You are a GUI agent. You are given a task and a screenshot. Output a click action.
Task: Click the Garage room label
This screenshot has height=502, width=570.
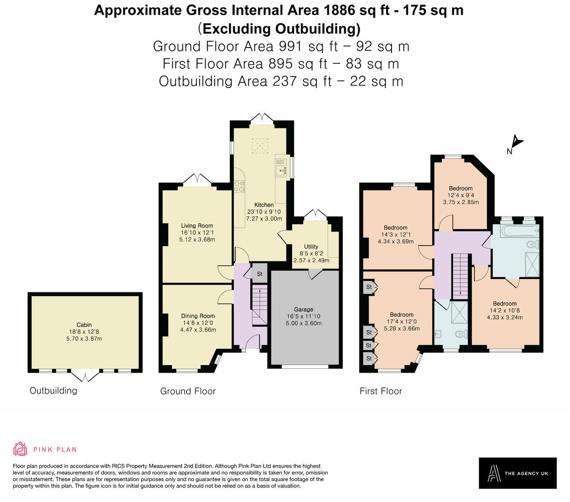(303, 309)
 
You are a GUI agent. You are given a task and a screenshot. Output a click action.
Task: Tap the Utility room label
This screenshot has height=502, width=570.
(311, 246)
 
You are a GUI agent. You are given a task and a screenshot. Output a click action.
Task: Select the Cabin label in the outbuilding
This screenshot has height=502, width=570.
(84, 325)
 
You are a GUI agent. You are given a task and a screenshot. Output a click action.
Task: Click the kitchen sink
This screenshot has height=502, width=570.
(281, 170)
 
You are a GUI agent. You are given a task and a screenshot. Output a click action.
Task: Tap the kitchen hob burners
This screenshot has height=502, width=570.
(239, 186)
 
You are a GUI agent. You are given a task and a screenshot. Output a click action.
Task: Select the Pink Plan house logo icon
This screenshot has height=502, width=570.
(20, 449)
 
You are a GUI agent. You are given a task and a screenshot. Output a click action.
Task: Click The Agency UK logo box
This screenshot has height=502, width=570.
(518, 473)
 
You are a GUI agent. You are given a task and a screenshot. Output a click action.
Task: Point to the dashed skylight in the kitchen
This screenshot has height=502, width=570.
(260, 146)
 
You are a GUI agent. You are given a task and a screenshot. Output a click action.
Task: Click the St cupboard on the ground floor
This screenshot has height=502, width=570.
(259, 273)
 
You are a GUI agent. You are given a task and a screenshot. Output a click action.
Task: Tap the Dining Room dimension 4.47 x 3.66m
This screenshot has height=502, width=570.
(198, 330)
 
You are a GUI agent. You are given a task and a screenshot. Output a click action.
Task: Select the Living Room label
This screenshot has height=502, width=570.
(197, 225)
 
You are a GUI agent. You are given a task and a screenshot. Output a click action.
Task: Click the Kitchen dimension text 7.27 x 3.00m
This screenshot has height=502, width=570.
(264, 219)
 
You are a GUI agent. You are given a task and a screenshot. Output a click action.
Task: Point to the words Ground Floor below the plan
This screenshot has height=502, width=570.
(188, 391)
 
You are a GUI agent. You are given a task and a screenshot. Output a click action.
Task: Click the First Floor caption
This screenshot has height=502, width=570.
(381, 391)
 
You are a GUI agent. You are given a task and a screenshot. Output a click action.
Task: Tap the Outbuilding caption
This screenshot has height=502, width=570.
(54, 390)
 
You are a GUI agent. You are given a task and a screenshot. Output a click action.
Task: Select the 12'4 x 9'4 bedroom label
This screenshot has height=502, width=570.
(461, 195)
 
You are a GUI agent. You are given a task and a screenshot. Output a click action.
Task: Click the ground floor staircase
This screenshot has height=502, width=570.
(259, 305)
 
